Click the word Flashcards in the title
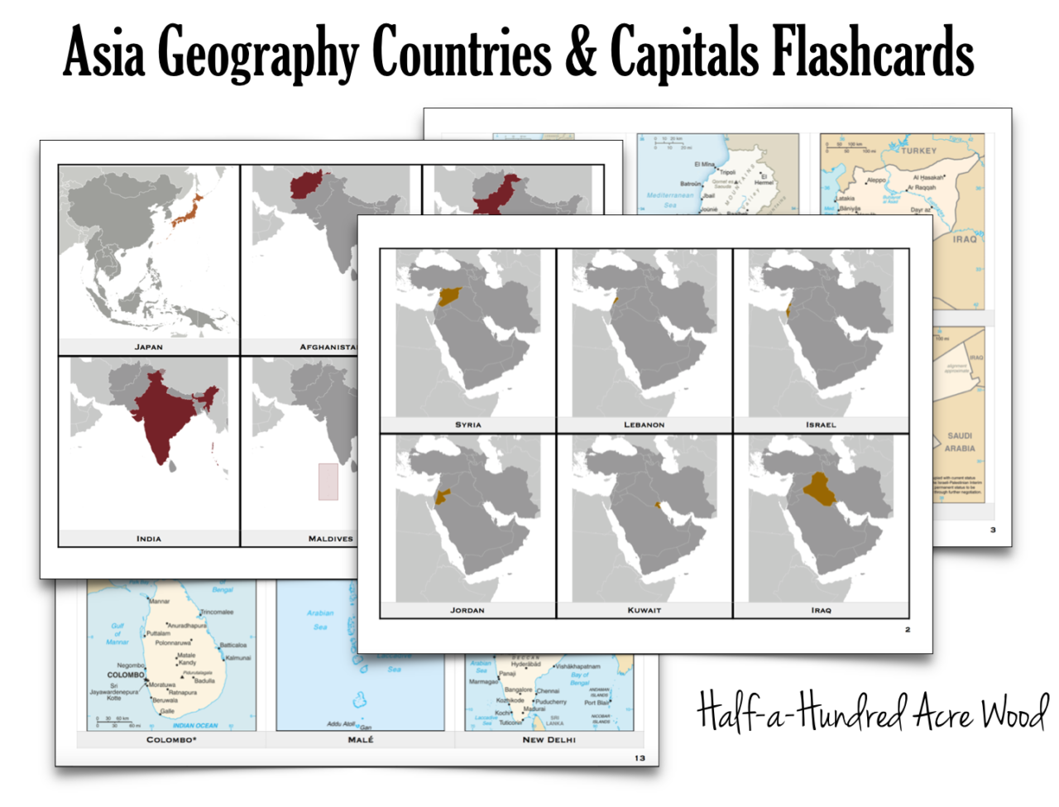click(872, 51)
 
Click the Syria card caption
click(467, 425)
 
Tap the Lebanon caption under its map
click(644, 425)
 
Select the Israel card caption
click(821, 425)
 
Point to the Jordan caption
click(467, 610)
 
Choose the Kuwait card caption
click(644, 610)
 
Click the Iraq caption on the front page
click(821, 610)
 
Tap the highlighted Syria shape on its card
click(451, 296)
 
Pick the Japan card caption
click(149, 347)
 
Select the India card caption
click(149, 539)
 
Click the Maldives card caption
click(330, 539)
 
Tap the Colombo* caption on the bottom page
click(171, 740)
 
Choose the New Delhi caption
click(549, 740)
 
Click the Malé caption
click(361, 740)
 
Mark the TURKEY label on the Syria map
click(918, 151)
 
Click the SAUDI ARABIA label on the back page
click(960, 442)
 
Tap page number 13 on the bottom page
click(640, 758)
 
